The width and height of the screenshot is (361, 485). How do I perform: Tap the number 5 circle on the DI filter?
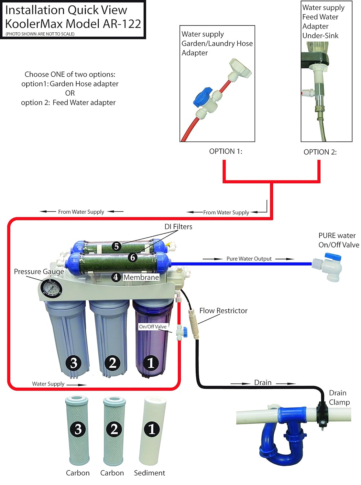pyautogui.click(x=116, y=246)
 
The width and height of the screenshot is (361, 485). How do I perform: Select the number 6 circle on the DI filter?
pyautogui.click(x=132, y=257)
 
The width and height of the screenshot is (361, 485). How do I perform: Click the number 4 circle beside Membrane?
pyautogui.click(x=115, y=277)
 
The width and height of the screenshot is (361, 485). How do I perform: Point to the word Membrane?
pyautogui.click(x=141, y=277)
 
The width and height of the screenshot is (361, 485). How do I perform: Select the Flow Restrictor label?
pyautogui.click(x=223, y=311)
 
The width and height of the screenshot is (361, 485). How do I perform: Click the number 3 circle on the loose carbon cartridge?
pyautogui.click(x=78, y=429)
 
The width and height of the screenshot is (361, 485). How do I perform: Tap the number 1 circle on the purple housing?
pyautogui.click(x=151, y=363)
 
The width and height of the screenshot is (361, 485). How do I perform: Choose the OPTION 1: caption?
pyautogui.click(x=225, y=151)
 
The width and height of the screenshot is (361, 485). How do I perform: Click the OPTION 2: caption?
pyautogui.click(x=320, y=152)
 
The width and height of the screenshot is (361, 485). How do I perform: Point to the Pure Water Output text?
pyautogui.click(x=249, y=259)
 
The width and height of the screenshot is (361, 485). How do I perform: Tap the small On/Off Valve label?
pyautogui.click(x=153, y=327)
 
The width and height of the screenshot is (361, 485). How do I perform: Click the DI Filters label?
pyautogui.click(x=178, y=227)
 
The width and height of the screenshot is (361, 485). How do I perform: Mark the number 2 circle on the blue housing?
pyautogui.click(x=113, y=363)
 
